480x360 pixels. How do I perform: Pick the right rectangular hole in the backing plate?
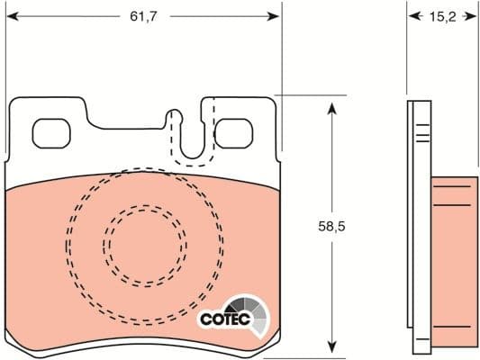coord(233,133)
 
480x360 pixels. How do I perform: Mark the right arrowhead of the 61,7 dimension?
coord(275,16)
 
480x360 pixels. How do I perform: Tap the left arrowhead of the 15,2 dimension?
coord(412,16)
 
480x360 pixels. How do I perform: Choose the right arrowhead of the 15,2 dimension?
coord(472,16)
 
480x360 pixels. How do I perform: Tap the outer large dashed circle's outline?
coord(67,241)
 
